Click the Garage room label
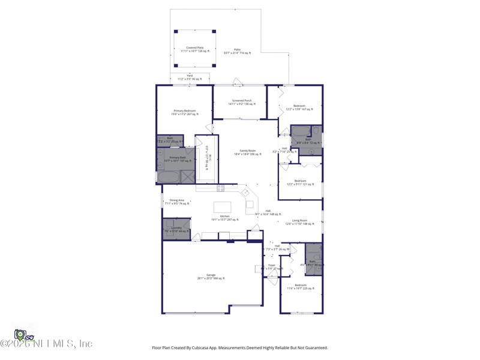[x=211, y=277]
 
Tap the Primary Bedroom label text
[x=185, y=112]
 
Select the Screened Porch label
[x=240, y=102]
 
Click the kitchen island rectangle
[x=222, y=208]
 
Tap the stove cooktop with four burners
[x=220, y=188]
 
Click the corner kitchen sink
[x=245, y=193]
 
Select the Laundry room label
[x=176, y=229]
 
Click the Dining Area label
[x=177, y=202]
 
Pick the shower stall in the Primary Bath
[x=187, y=176]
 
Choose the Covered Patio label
[x=194, y=49]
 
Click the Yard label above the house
[x=190, y=77]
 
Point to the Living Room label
[x=299, y=222]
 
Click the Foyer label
[x=272, y=266]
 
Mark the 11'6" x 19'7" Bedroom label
[x=301, y=287]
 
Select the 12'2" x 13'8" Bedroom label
[x=299, y=107]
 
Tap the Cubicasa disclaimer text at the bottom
[x=240, y=347]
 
